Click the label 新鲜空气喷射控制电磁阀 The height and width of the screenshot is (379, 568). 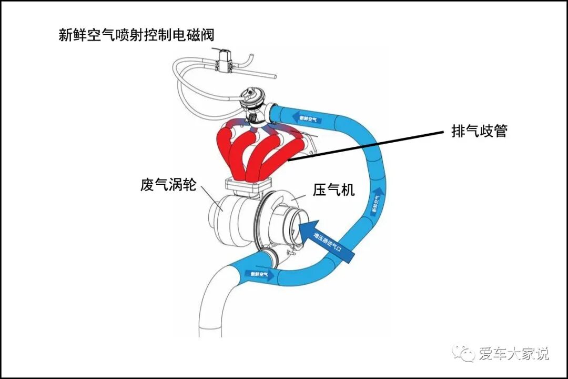click(x=136, y=36)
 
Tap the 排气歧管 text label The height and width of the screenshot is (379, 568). click(x=479, y=131)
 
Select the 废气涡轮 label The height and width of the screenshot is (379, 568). click(x=168, y=185)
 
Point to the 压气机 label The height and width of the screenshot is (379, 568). click(x=333, y=189)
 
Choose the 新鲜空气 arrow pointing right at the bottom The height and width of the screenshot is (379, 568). click(x=261, y=274)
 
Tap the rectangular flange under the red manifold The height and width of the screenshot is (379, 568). click(x=248, y=185)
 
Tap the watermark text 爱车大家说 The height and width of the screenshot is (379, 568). click(x=513, y=354)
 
